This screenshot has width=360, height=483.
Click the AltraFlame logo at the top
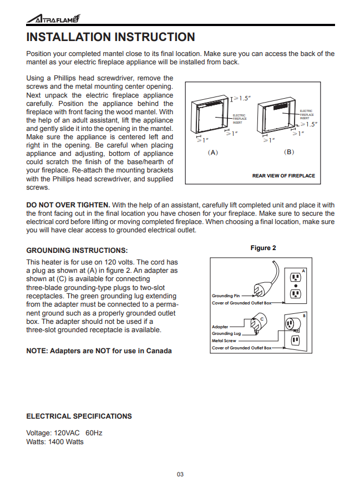coord(53,19)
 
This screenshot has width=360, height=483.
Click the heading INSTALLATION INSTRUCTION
coord(110,37)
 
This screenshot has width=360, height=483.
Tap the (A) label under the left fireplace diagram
coord(212,151)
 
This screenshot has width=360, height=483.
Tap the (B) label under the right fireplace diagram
coord(288,151)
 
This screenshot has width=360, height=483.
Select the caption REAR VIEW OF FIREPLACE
coord(283,176)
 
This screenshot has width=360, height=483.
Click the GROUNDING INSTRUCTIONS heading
coord(77,250)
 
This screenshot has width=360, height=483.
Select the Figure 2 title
coord(263,248)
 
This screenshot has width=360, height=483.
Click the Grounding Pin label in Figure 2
coord(226,296)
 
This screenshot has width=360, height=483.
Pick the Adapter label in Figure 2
coord(220,327)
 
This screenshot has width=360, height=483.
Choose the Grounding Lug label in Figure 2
coord(226,333)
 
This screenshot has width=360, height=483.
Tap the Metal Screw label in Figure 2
coord(224,340)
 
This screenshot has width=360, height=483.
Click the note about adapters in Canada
coord(99,350)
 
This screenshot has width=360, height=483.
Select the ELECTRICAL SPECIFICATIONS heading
coord(79,416)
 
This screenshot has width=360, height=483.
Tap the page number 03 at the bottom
coord(180,474)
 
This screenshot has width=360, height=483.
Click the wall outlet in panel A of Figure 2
coord(295,285)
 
